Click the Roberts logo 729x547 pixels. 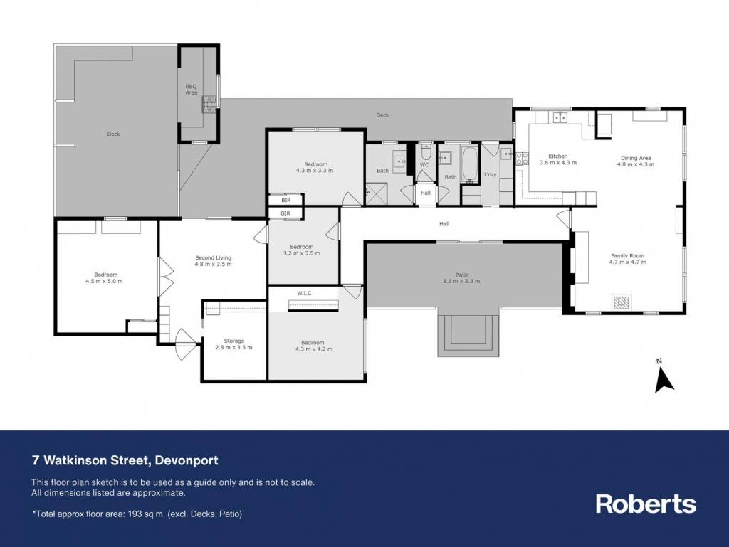coord(646,504)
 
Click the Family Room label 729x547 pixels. coord(627,256)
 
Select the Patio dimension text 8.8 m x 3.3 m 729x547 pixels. coord(461,281)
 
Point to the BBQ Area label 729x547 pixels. coord(191,90)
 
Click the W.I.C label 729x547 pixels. coord(304,294)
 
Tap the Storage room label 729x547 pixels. coord(234,341)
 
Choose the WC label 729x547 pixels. coord(424,165)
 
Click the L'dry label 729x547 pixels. coord(491,174)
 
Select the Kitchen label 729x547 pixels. coord(558,156)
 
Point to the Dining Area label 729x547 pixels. coord(636,159)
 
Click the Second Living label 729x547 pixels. coord(213,257)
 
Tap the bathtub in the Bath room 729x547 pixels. coord(470,164)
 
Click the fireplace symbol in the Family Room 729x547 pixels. coord(622,302)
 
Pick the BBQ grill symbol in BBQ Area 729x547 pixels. coord(209,104)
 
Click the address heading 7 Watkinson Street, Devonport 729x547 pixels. coord(125,461)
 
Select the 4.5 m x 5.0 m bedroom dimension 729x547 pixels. coord(104,282)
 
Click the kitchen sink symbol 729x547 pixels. coord(560,117)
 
